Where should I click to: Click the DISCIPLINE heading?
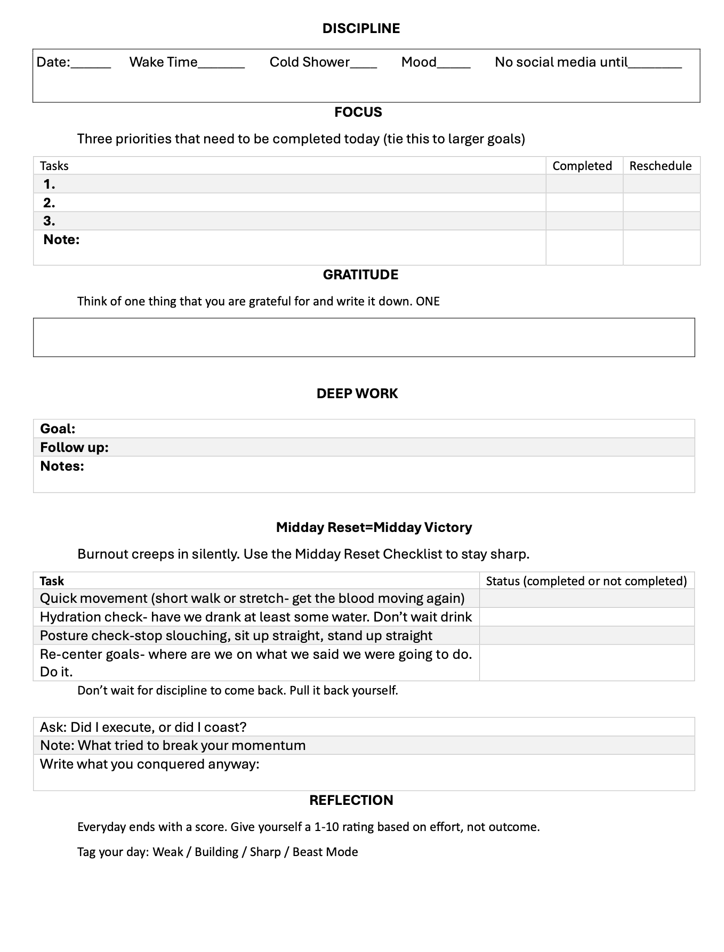click(x=361, y=28)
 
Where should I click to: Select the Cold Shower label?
click(x=309, y=62)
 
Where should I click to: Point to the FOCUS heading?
click(x=358, y=112)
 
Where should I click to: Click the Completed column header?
click(x=582, y=166)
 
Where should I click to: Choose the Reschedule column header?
click(x=661, y=166)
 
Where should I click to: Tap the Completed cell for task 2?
click(x=584, y=203)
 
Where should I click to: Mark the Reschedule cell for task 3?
click(x=661, y=221)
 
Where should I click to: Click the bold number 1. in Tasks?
click(x=50, y=184)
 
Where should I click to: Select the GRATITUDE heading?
click(x=360, y=275)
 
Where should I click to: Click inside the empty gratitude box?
click(x=364, y=337)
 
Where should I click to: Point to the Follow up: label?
click(x=74, y=447)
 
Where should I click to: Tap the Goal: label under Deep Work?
click(x=58, y=429)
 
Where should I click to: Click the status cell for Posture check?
click(x=586, y=635)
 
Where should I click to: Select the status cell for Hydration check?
click(x=586, y=617)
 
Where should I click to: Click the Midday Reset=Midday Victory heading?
click(x=374, y=527)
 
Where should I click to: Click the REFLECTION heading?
click(x=351, y=800)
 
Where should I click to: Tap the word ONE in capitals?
click(x=428, y=302)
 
